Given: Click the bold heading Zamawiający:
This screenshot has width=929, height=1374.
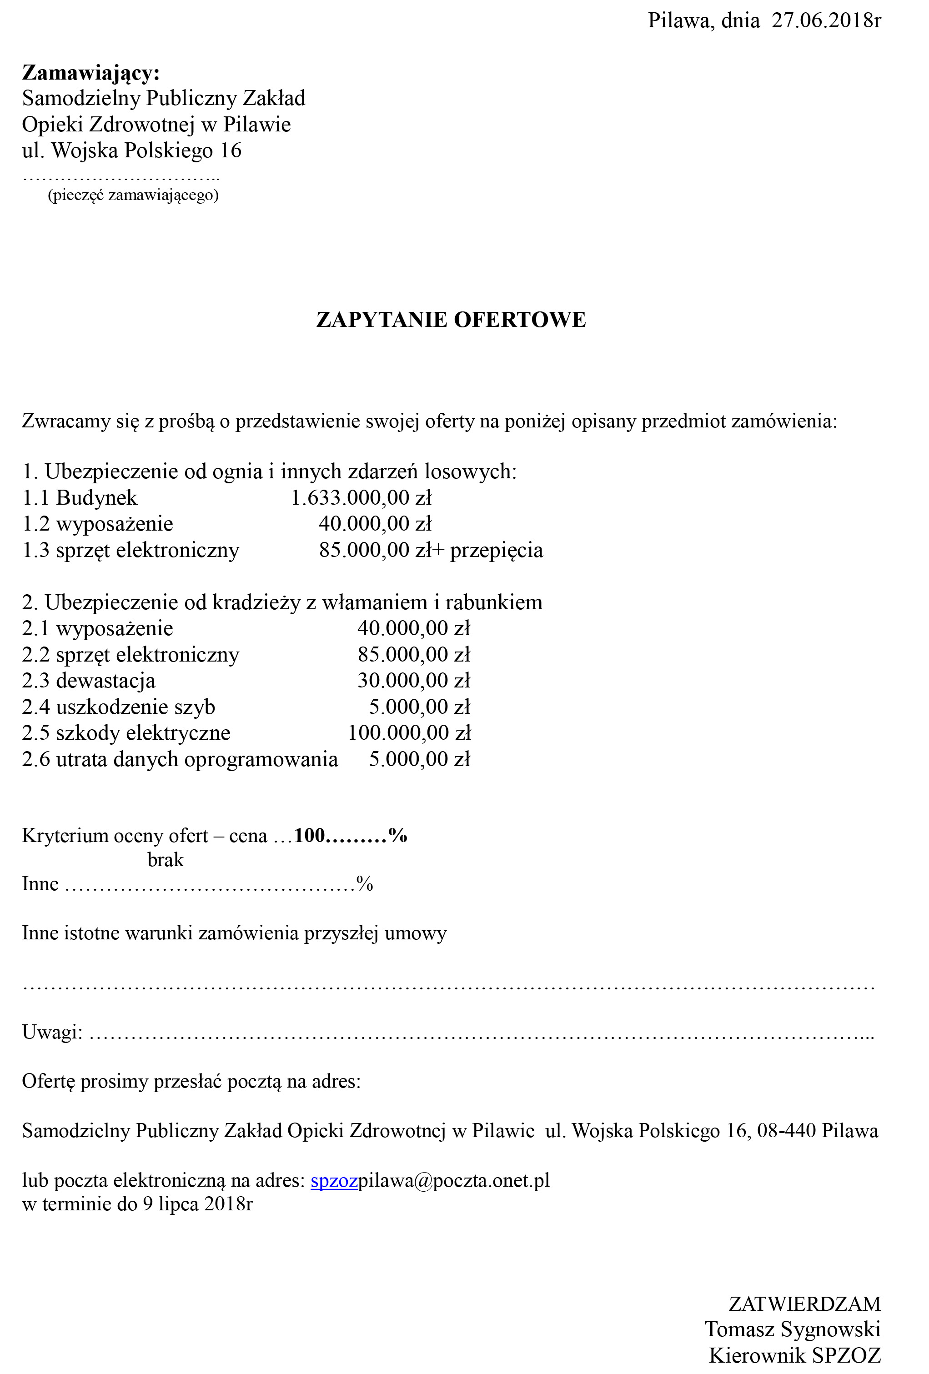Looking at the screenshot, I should pos(91,73).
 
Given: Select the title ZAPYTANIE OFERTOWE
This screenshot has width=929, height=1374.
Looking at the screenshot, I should pos(451,320).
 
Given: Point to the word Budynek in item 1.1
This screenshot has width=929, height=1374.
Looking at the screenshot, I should pos(96,498).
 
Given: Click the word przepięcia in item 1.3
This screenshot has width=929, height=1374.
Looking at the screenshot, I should pos(496,551).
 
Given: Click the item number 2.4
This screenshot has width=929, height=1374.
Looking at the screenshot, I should pos(35,707).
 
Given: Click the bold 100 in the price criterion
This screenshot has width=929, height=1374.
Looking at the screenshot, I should pos(309,835).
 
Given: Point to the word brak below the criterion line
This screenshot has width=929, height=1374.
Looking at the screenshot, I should pos(166,860).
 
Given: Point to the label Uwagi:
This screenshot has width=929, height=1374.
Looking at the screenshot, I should pos(52,1032).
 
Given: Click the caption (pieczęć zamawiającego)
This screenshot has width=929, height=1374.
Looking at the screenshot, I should pos(133,195).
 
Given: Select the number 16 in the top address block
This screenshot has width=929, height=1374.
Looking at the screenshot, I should pos(231,151).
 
